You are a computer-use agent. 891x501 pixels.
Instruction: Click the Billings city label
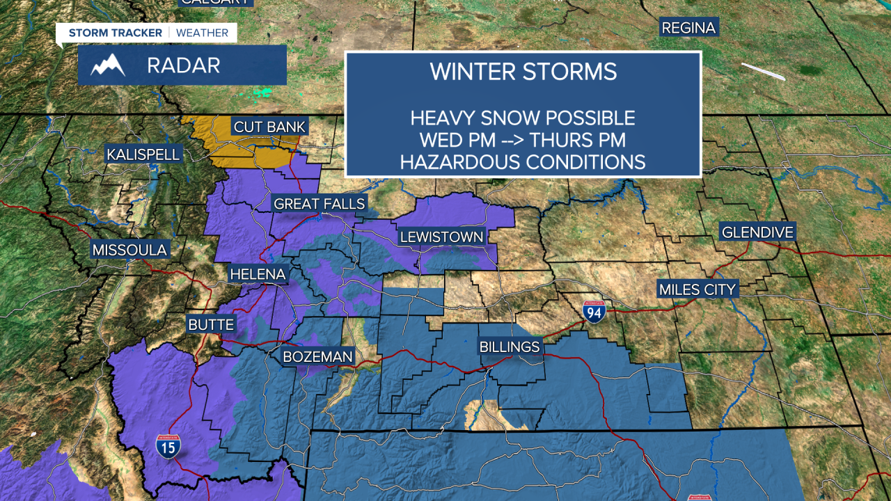(x=510, y=347)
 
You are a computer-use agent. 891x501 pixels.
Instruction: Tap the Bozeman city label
(x=317, y=357)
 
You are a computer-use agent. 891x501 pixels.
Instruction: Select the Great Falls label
(x=320, y=204)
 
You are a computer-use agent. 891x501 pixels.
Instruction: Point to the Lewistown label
(x=441, y=237)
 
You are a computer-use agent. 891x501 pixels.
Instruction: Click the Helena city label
(x=258, y=274)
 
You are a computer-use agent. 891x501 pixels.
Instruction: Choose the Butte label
(x=211, y=325)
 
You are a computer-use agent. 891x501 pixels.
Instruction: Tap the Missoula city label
(x=130, y=250)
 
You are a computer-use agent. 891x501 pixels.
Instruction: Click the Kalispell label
(x=143, y=154)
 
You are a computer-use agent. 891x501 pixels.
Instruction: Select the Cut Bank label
(x=269, y=127)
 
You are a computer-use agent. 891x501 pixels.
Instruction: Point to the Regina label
(x=688, y=28)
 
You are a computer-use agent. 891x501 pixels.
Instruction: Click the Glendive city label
(x=757, y=232)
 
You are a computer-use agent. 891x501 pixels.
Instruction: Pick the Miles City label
(x=697, y=289)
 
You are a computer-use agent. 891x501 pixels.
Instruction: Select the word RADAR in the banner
(x=184, y=65)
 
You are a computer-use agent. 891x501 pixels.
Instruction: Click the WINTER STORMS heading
(x=523, y=72)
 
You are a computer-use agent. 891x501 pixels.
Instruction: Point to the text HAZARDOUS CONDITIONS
(x=523, y=162)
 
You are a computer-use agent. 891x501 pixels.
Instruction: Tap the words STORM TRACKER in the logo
(x=116, y=33)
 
